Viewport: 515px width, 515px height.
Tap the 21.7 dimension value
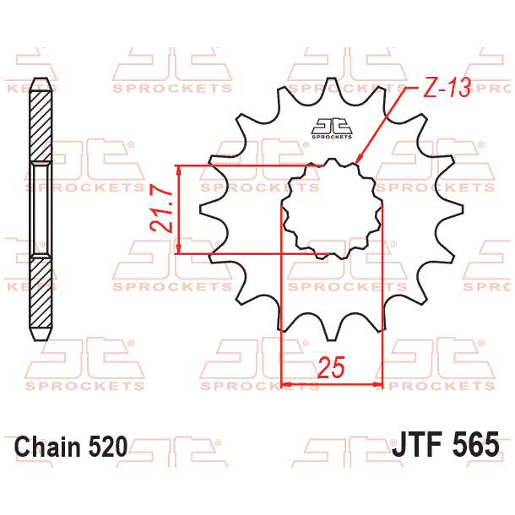pos(164,209)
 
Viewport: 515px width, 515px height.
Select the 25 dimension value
pos(332,367)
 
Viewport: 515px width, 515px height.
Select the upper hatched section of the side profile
pos(40,122)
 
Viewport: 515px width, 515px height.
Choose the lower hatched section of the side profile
pos(40,295)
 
